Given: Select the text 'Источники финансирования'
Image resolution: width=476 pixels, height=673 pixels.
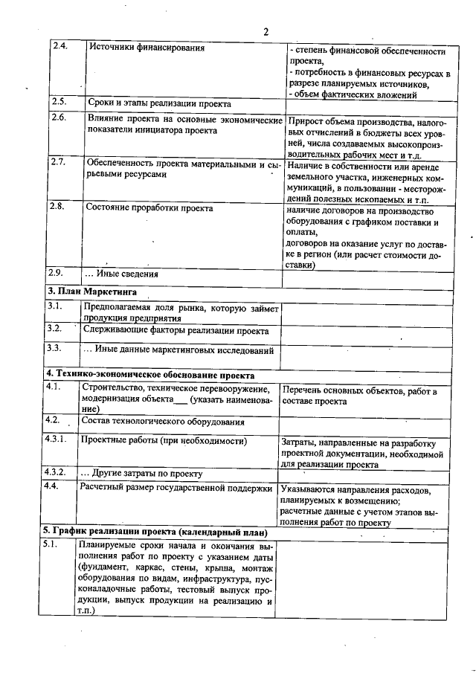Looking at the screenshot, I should pyautogui.click(x=147, y=48).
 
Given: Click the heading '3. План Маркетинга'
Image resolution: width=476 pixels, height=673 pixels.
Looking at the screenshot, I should pyautogui.click(x=92, y=291).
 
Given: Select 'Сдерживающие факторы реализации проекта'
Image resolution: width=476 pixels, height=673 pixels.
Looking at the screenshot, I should pyautogui.click(x=176, y=330).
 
